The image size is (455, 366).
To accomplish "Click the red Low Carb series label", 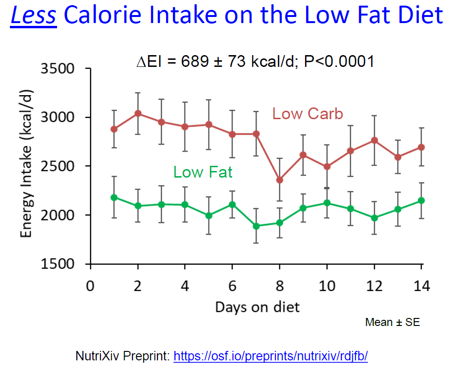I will [307, 114].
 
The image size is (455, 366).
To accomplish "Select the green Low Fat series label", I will [203, 172].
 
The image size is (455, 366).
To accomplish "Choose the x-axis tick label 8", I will [279, 286].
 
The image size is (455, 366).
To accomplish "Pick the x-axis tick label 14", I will [421, 286].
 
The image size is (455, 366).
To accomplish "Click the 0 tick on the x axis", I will [90, 286].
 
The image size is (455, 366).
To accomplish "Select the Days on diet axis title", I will [257, 307].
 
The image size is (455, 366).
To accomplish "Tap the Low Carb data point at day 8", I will [279, 180].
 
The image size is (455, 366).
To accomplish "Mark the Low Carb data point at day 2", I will [137, 114].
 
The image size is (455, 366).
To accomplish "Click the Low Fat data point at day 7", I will [256, 226].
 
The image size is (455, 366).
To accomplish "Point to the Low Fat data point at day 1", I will [114, 197].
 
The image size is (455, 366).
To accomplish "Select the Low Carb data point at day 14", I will [421, 147].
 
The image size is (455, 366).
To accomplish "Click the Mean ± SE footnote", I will [392, 323].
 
